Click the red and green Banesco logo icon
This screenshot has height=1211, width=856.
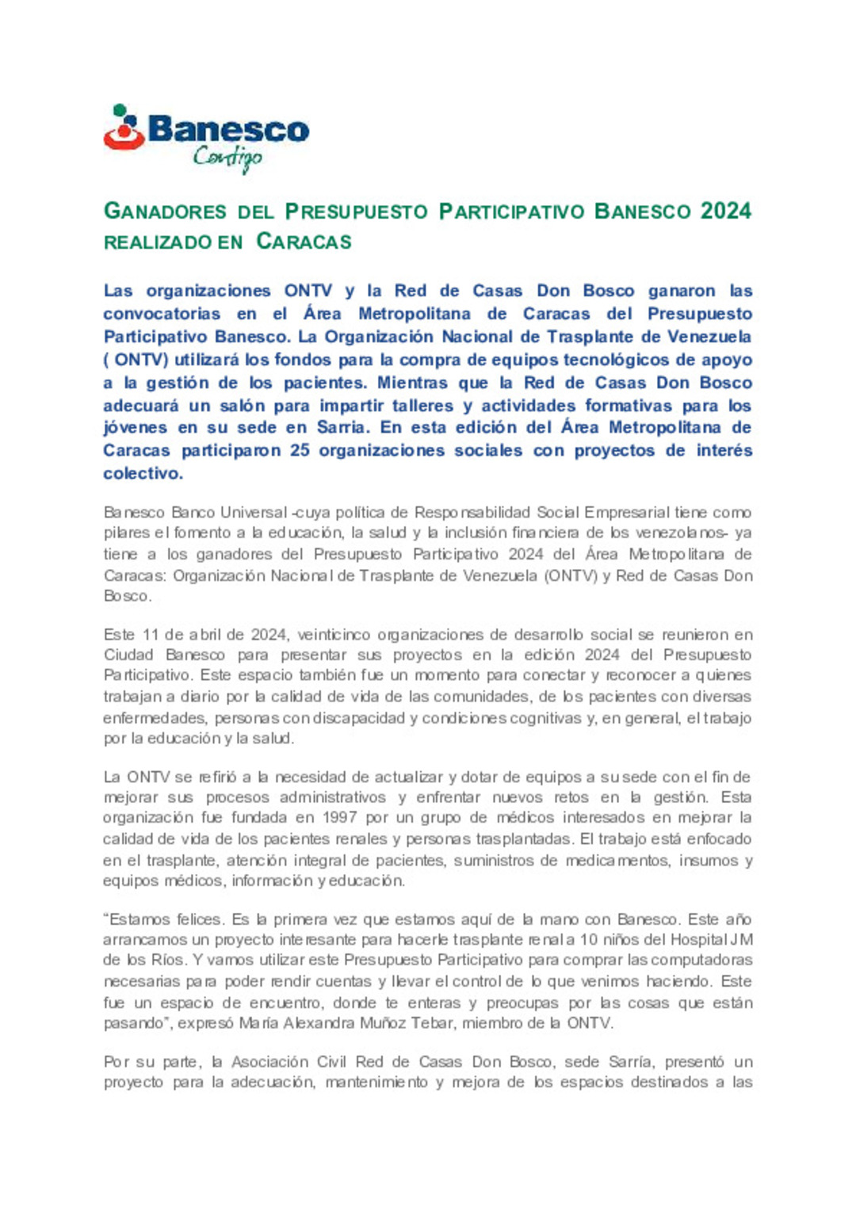(x=124, y=128)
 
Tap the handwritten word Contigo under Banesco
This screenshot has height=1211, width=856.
(x=227, y=158)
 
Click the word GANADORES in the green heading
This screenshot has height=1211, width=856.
(x=166, y=212)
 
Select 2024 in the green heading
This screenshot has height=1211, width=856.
(x=725, y=211)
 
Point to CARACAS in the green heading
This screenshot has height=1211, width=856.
(x=304, y=242)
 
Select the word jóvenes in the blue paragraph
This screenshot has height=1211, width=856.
(x=135, y=428)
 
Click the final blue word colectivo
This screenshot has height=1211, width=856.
(x=143, y=473)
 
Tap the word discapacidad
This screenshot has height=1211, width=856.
(x=359, y=718)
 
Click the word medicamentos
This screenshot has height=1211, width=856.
(x=616, y=860)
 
